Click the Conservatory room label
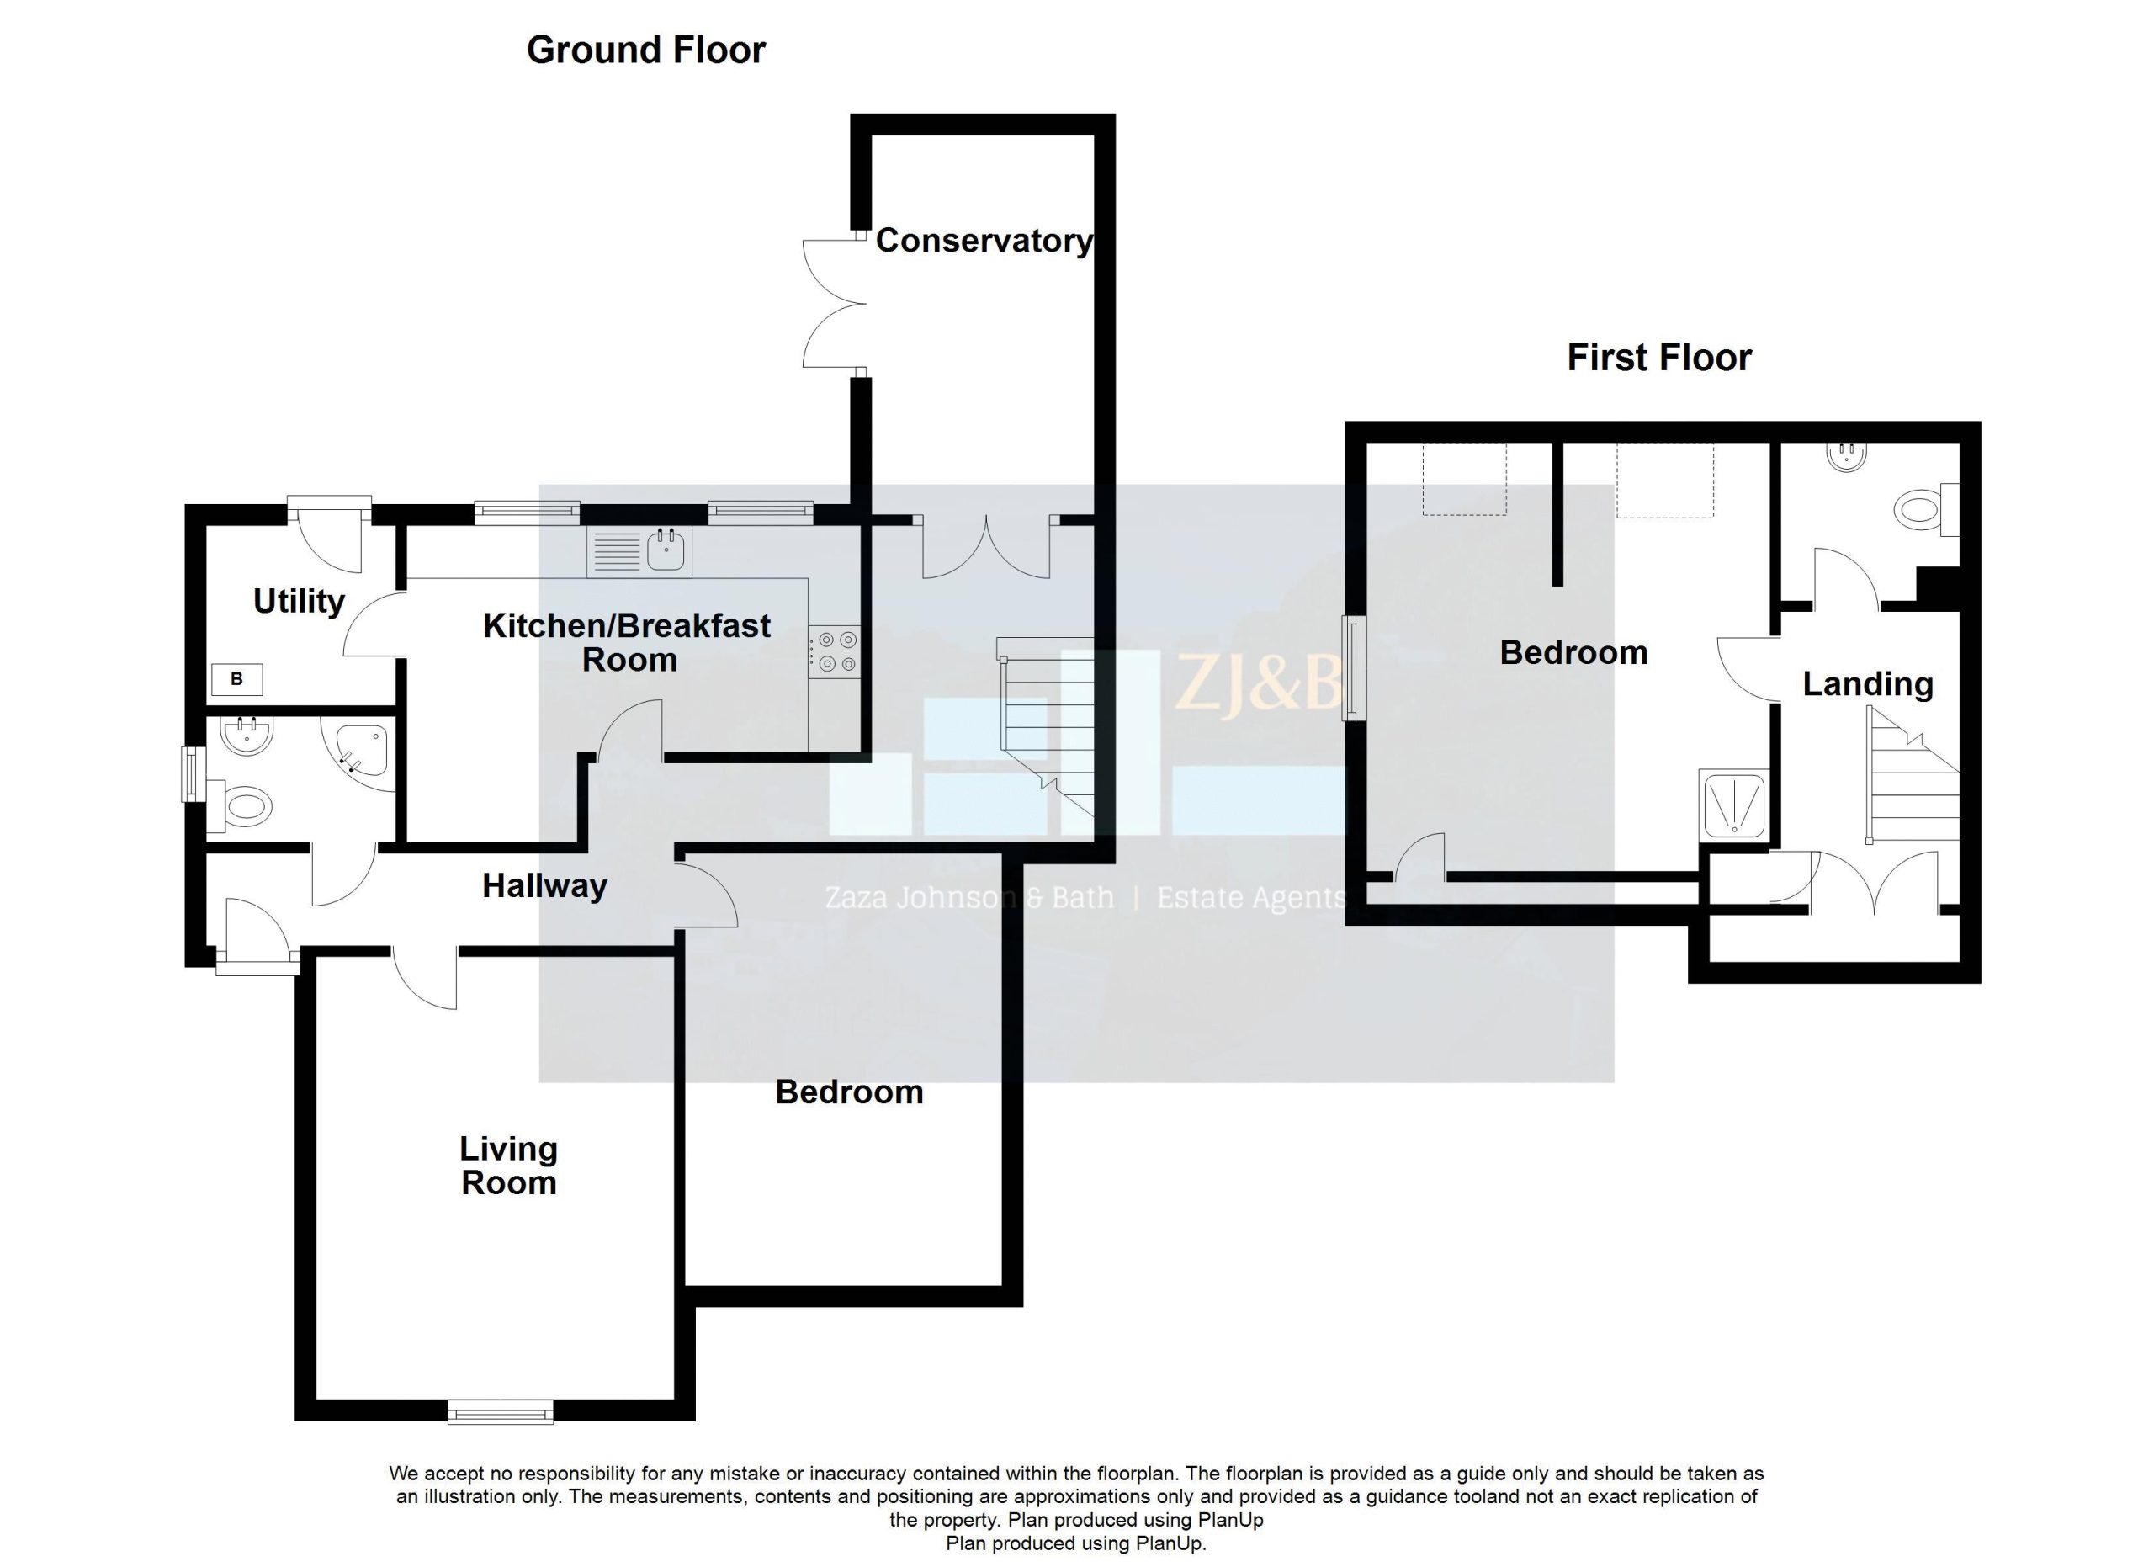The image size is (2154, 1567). point(984,242)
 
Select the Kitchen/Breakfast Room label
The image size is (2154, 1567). point(627,642)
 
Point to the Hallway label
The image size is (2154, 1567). point(544,886)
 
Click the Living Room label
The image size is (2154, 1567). point(509,1166)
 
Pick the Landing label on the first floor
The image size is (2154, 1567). point(1868,685)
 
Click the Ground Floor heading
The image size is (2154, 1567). point(646,50)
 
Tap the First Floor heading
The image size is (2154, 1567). point(1659,358)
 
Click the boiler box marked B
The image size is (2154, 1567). point(236,679)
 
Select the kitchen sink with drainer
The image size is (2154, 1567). point(639,551)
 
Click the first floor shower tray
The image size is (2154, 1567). point(1734,805)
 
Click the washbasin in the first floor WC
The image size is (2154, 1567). point(1847,458)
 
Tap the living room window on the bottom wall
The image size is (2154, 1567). point(501,1413)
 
